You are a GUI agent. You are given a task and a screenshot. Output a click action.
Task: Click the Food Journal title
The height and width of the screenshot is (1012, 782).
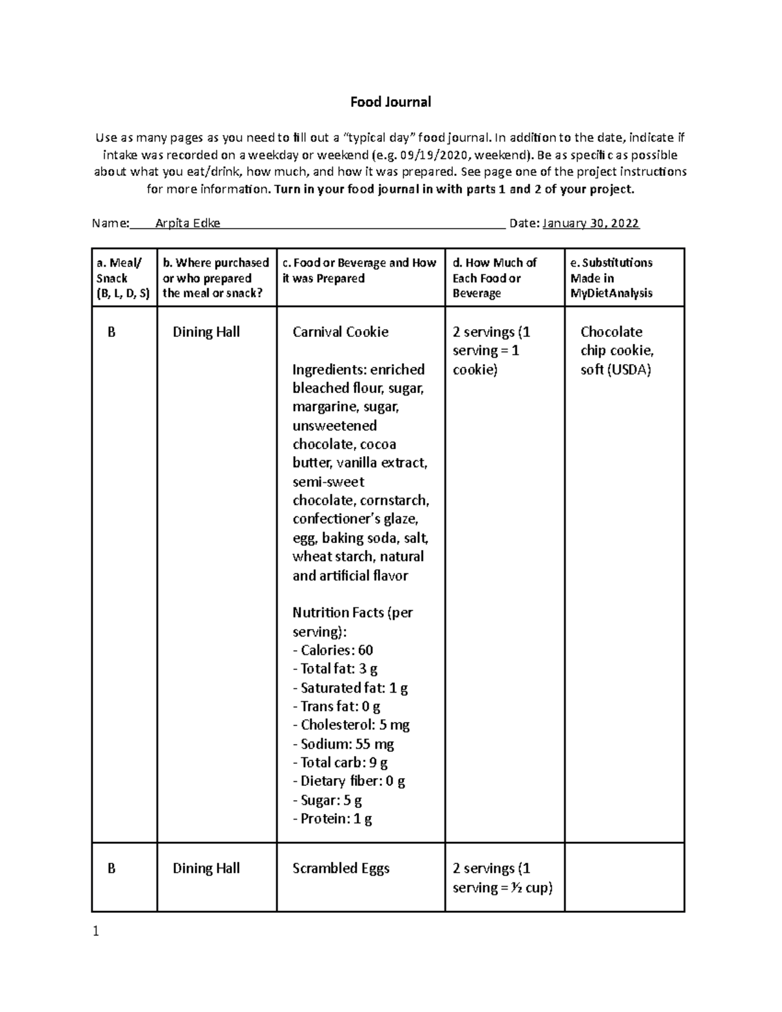[x=390, y=102]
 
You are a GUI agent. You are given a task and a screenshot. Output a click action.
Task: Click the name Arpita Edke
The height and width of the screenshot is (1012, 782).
[x=188, y=224]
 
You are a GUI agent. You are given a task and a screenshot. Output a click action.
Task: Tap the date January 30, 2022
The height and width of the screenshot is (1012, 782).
[x=591, y=224]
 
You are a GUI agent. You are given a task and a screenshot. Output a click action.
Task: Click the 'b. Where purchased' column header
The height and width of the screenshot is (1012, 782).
[x=216, y=278]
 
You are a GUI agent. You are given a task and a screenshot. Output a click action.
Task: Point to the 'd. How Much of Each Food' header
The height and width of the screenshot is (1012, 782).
[x=494, y=278]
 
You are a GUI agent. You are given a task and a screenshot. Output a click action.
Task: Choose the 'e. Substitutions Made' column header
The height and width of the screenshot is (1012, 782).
[x=611, y=278]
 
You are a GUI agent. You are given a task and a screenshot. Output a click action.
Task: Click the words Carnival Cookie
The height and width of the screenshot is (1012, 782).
[x=340, y=332]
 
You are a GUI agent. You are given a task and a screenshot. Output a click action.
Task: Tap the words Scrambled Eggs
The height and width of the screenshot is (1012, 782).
[x=341, y=868]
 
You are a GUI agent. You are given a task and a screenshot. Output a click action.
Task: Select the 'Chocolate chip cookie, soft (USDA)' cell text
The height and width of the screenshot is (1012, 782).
[x=616, y=351]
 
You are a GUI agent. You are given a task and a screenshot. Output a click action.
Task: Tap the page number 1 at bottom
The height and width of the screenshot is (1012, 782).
[x=96, y=932]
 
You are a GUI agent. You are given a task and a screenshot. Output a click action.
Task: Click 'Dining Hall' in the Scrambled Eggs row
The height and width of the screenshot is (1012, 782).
[x=206, y=868]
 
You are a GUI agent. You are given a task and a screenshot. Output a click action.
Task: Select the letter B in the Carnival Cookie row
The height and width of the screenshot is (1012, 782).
[x=111, y=332]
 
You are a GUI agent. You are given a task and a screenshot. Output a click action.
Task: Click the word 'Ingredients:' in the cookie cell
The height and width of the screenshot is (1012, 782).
[x=329, y=369]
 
